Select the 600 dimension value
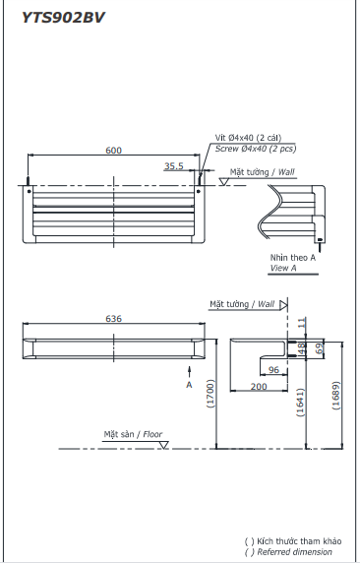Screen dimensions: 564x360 click(114, 150)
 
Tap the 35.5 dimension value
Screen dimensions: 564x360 click(174, 166)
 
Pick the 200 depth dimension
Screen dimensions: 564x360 click(258, 387)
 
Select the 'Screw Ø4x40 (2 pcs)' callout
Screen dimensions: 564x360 click(256, 149)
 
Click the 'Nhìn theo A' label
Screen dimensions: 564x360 click(293, 257)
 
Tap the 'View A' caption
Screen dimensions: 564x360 click(282, 267)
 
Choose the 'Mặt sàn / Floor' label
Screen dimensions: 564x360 click(134, 433)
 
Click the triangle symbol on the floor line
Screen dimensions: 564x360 click(164, 446)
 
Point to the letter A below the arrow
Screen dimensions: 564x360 click(189, 385)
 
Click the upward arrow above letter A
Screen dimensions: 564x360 click(189, 370)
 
